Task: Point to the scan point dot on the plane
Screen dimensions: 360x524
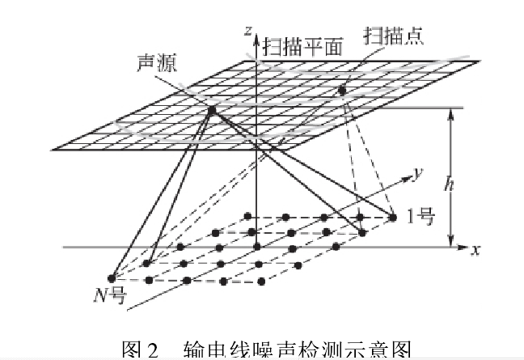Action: [342, 91]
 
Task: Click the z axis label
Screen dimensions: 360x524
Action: [246, 31]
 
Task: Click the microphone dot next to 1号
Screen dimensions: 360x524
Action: [393, 217]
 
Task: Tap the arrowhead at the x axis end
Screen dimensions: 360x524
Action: [463, 245]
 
